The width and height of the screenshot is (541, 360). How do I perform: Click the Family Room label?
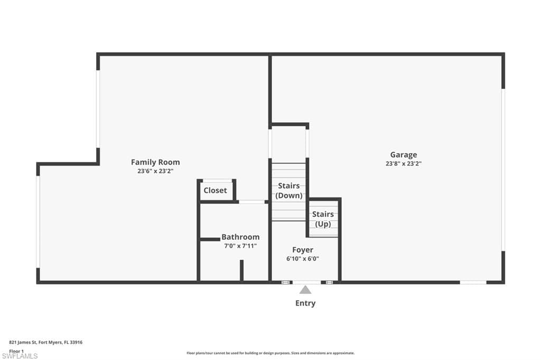[x=155, y=162]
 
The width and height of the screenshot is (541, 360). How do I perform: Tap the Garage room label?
[x=404, y=155]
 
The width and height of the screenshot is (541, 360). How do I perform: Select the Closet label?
[x=215, y=190]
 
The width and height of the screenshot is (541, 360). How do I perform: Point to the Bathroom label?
[x=240, y=237]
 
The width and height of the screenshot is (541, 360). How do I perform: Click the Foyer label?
[x=303, y=250]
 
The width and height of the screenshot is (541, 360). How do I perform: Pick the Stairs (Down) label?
[x=289, y=191]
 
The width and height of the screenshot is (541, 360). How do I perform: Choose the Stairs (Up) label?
[x=323, y=219]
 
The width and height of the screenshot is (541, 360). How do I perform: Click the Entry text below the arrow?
[x=305, y=303]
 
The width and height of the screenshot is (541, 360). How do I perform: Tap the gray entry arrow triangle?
[x=305, y=289]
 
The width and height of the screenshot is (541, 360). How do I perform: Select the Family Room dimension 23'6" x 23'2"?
[x=155, y=171]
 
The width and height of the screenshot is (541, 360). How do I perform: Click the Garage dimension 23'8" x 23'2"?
[x=404, y=164]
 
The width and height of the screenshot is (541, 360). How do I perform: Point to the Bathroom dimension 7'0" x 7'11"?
[x=240, y=246]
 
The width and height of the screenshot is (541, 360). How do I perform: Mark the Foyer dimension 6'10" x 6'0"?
[x=303, y=259]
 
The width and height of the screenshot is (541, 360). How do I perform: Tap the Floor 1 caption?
[x=16, y=350]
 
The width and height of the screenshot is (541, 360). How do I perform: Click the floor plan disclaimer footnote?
[x=270, y=353]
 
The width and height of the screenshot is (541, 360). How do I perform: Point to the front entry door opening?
[x=306, y=282]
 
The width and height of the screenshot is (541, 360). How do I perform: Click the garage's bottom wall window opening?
[x=473, y=282]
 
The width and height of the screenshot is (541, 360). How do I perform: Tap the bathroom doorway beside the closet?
[x=251, y=202]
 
